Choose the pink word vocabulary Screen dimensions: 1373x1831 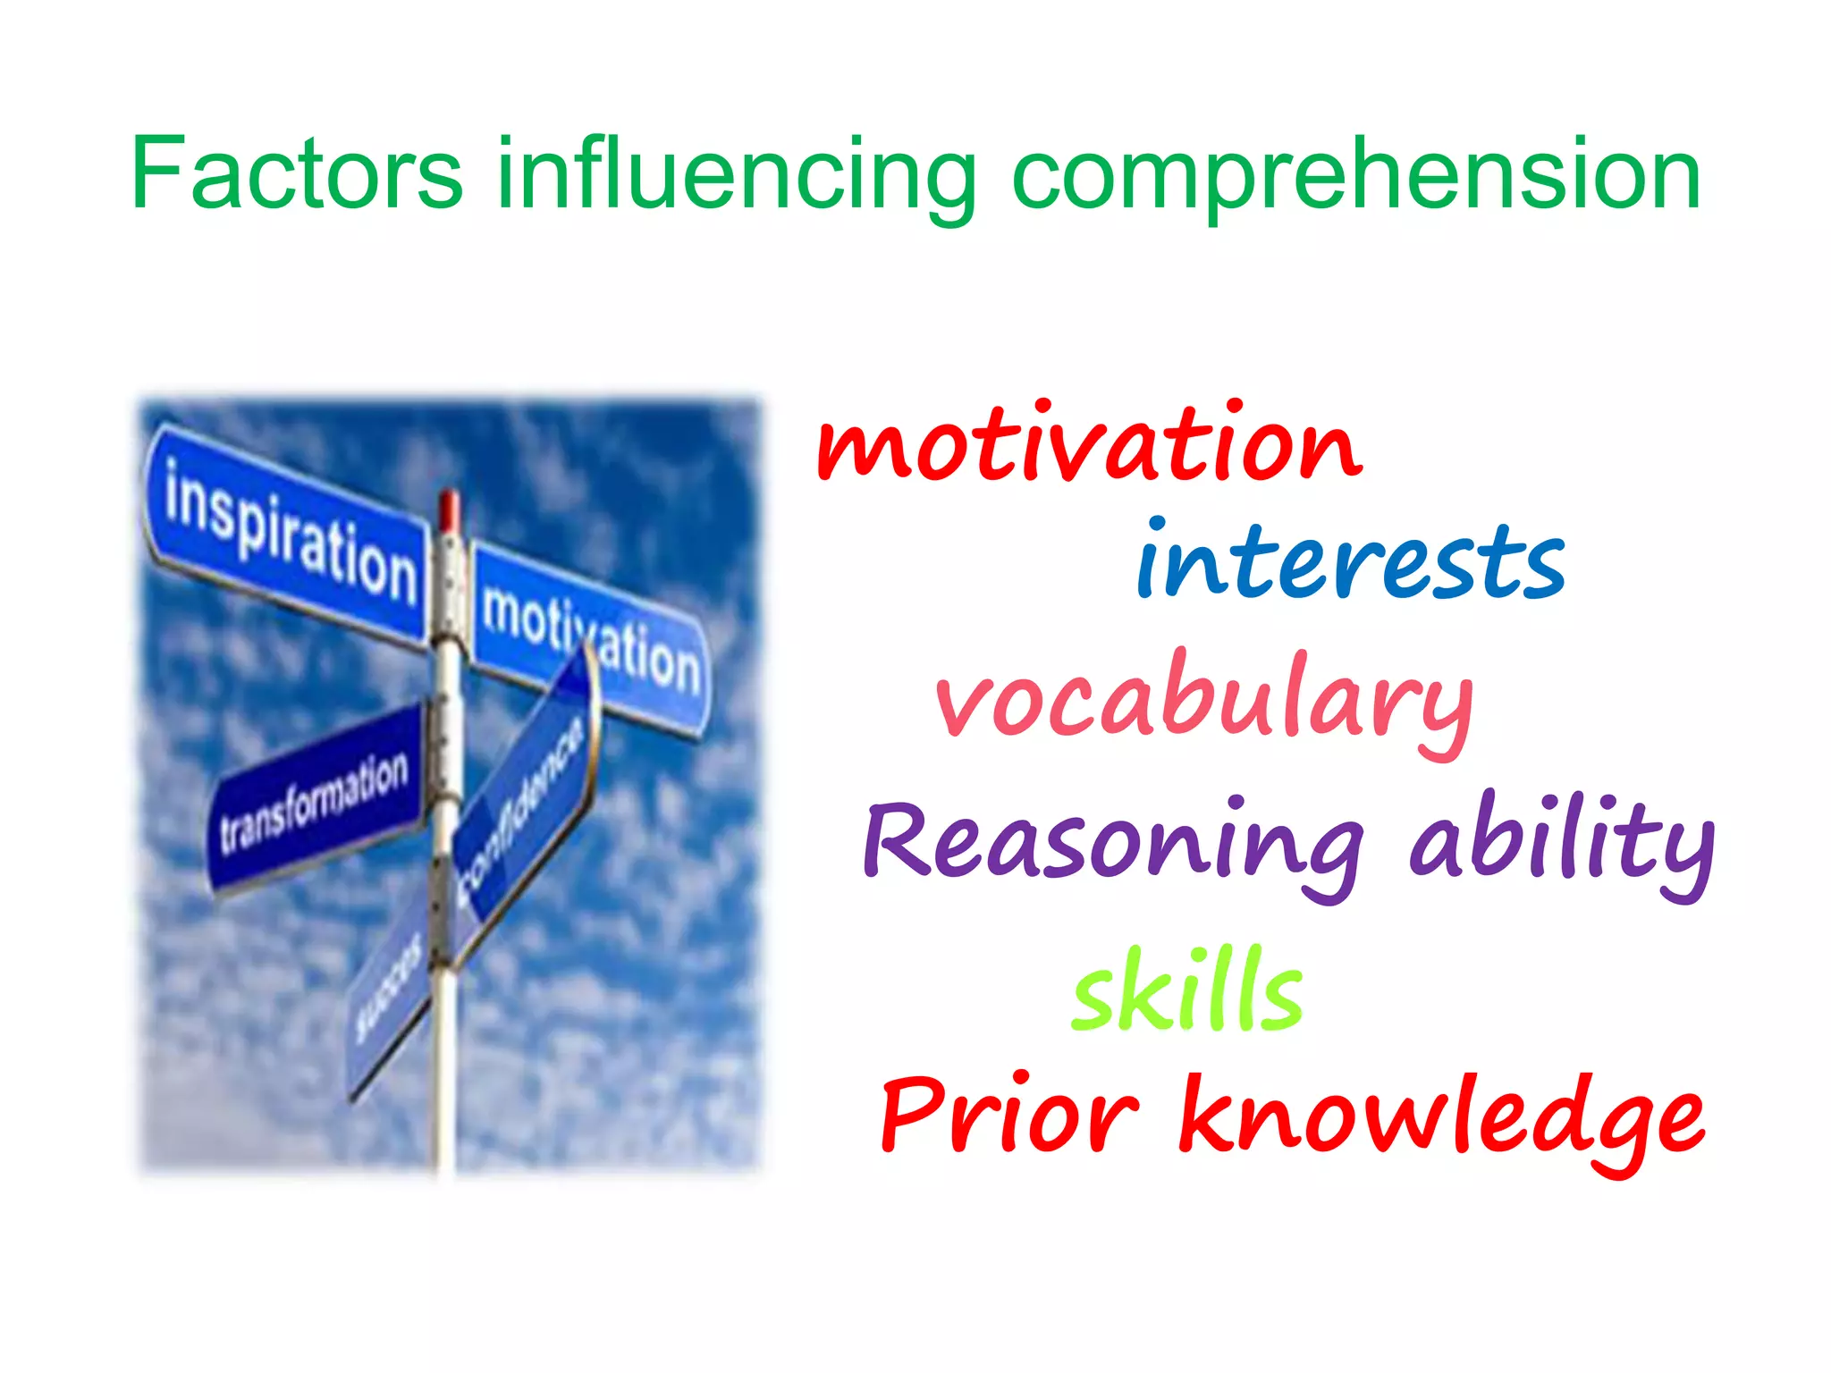[x=1203, y=703]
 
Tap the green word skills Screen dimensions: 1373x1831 [x=1187, y=991]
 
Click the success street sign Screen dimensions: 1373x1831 [x=390, y=992]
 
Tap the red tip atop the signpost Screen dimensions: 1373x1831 [x=449, y=510]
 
